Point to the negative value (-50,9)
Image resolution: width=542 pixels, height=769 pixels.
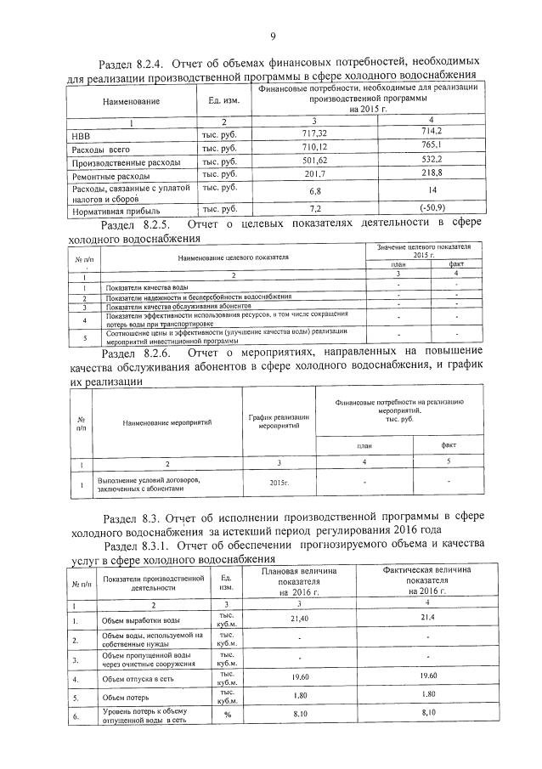420,207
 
